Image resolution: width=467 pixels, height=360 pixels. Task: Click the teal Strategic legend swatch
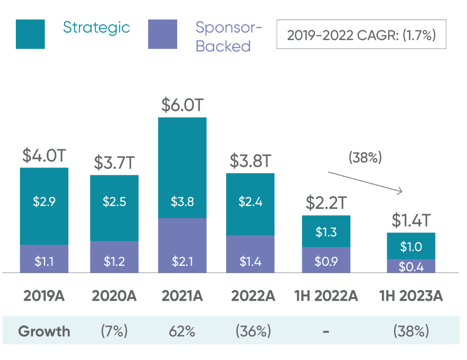(x=30, y=34)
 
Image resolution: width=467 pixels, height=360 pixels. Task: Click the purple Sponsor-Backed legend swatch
(x=163, y=34)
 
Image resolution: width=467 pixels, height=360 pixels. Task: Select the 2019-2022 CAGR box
(x=361, y=35)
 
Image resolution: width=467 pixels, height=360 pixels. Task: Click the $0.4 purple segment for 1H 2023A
(x=411, y=266)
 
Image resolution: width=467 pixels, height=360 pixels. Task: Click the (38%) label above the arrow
(x=365, y=158)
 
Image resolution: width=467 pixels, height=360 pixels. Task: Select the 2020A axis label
(x=114, y=296)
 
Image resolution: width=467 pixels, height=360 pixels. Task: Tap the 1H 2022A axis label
(x=326, y=296)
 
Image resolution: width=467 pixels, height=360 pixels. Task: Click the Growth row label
(x=44, y=332)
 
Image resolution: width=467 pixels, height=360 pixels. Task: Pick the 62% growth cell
(x=182, y=332)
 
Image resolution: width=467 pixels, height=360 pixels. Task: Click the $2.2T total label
(x=326, y=203)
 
